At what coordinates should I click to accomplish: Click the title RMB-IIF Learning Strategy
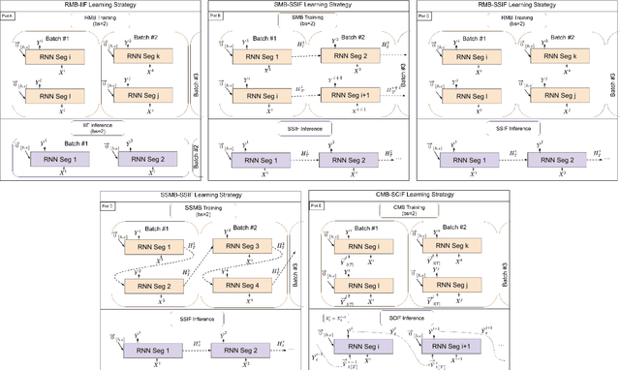(x=102, y=5)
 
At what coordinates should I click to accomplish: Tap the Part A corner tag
(x=9, y=16)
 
